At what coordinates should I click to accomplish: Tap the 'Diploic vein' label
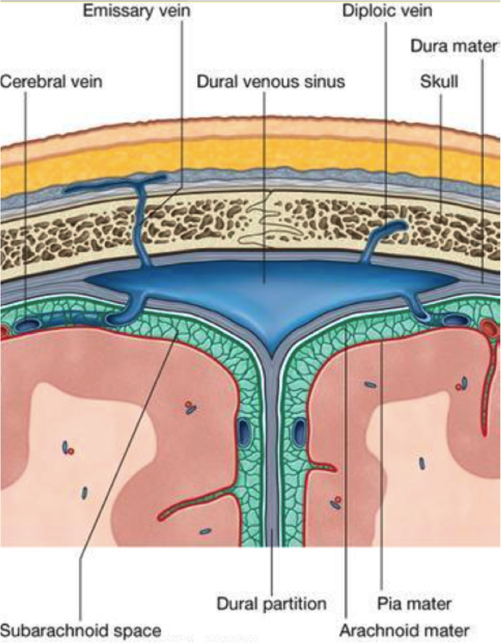pyautogui.click(x=388, y=11)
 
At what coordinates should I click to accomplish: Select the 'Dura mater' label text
pyautogui.click(x=454, y=47)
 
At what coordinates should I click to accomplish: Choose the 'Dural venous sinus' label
pyautogui.click(x=271, y=82)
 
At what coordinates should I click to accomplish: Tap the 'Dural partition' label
pyautogui.click(x=271, y=603)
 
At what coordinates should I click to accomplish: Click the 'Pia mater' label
pyautogui.click(x=414, y=603)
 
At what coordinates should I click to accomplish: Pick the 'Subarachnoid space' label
pyautogui.click(x=81, y=630)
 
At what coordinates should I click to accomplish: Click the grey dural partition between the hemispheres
pyautogui.click(x=270, y=455)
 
